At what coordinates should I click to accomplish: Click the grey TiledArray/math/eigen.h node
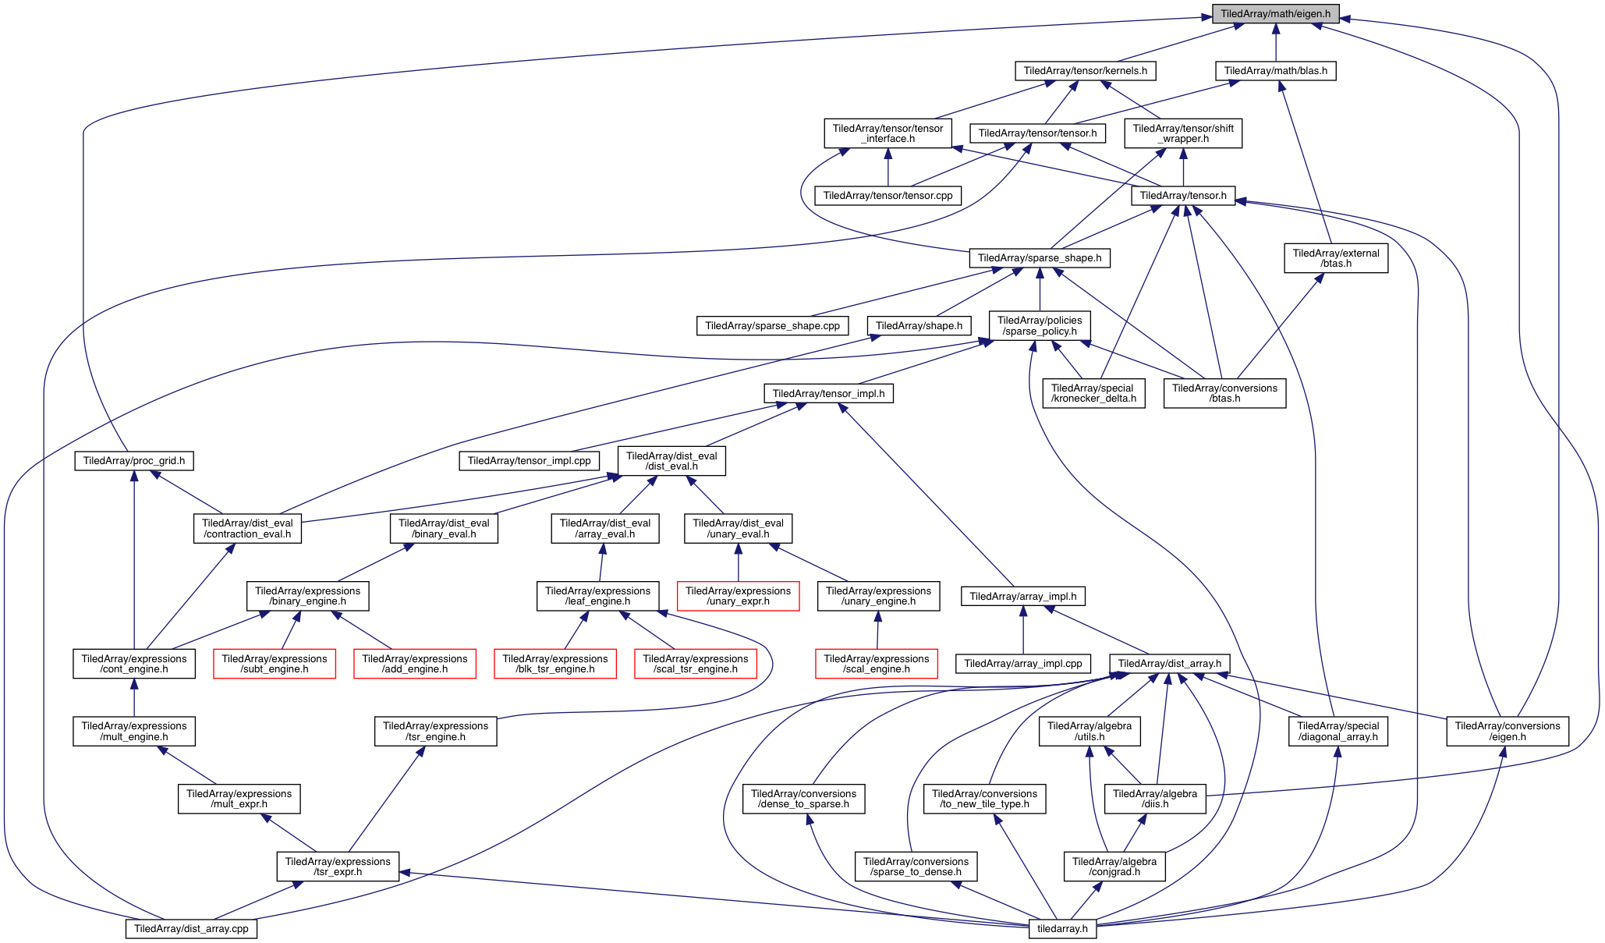(x=1275, y=14)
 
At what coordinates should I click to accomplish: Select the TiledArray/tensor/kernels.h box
(x=1085, y=71)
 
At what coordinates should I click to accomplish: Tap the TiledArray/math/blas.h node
(x=1275, y=71)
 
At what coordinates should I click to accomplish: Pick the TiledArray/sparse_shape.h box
(x=1039, y=258)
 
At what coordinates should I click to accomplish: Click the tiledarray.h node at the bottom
(x=1062, y=928)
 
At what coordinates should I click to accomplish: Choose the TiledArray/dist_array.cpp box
(x=191, y=928)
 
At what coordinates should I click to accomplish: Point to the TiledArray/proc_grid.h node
(x=134, y=461)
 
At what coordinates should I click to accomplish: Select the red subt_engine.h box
(x=275, y=664)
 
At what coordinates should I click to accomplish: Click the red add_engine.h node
(x=415, y=664)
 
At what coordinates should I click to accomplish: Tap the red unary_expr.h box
(x=738, y=596)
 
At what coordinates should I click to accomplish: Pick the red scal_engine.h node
(x=877, y=664)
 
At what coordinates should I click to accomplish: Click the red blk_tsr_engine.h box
(x=554, y=664)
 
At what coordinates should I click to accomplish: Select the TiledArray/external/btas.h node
(x=1336, y=258)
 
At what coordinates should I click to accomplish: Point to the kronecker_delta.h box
(x=1093, y=393)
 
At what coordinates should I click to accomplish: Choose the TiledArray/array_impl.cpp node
(x=1023, y=664)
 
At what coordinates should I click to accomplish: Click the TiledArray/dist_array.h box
(x=1170, y=664)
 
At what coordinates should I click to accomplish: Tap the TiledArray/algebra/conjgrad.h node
(x=1114, y=867)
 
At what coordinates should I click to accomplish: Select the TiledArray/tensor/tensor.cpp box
(x=888, y=196)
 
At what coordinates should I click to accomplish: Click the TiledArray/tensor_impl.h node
(x=828, y=394)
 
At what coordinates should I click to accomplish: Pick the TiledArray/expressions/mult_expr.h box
(x=239, y=799)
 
